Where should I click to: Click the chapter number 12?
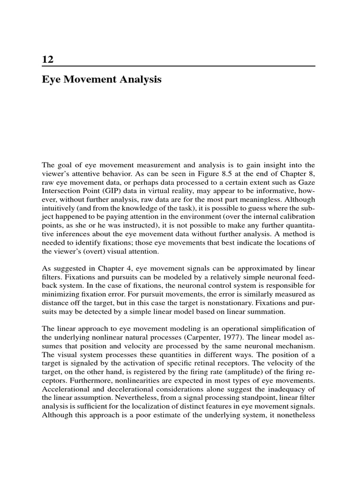48,60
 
